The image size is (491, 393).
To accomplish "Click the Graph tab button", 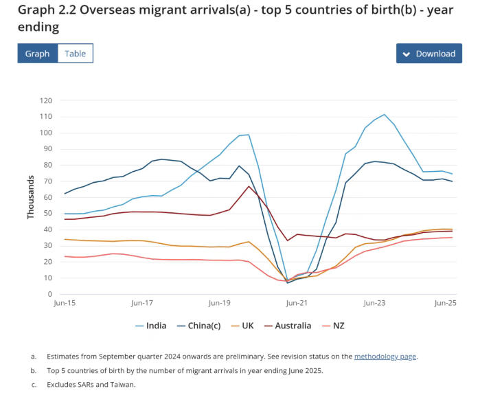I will click(37, 54).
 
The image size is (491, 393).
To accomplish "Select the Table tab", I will click(76, 54).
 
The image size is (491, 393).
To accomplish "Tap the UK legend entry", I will click(247, 325).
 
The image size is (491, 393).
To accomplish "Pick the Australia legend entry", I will click(291, 325).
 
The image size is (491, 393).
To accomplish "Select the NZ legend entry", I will click(338, 325).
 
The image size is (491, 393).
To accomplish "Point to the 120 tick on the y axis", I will click(46, 100).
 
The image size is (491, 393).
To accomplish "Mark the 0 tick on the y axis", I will click(50, 294).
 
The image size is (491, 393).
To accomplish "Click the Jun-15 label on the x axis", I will click(65, 303).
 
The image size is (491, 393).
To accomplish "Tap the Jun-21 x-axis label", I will click(297, 303).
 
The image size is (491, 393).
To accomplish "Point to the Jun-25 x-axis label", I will click(445, 303).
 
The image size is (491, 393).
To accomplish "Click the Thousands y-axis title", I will click(31, 197).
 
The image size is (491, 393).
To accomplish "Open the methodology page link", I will click(385, 357).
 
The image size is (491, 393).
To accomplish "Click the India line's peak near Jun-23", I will click(384, 115).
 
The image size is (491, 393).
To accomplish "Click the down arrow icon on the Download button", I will click(407, 54).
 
